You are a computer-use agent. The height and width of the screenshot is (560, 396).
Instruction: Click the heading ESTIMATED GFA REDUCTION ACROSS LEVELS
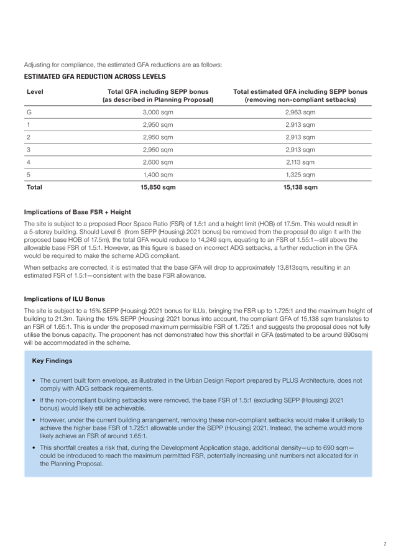pos(94,76)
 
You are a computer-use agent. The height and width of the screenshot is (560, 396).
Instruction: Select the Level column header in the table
pos(35,92)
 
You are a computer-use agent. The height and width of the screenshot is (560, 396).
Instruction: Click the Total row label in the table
pos(35,187)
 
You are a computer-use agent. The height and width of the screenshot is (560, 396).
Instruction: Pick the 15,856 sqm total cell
pos(158,187)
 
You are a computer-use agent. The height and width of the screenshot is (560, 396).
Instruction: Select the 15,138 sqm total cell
pos(300,187)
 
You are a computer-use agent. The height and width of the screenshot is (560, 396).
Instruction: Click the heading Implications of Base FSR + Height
pos(78,212)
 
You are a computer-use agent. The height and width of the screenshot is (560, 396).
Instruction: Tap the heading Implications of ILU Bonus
pos(65,298)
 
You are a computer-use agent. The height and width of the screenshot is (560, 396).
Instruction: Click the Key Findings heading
pos(52,360)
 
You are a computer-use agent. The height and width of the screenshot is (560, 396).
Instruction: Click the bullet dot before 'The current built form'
pos(33,380)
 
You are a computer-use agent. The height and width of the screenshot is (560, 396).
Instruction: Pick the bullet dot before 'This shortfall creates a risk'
pos(33,448)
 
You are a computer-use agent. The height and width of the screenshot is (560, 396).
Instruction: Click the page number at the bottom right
pos(385,544)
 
